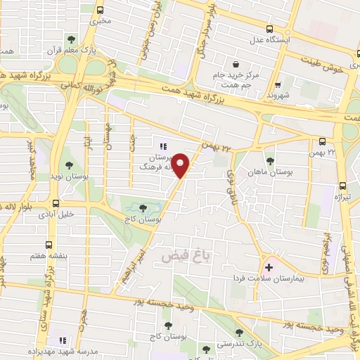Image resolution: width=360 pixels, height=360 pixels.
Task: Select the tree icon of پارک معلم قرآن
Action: point(72,39)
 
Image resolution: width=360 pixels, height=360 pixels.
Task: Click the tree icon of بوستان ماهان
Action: point(271,162)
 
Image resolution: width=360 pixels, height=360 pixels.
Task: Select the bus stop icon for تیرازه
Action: point(342,186)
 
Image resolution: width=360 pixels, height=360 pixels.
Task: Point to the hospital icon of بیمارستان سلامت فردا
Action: point(269,267)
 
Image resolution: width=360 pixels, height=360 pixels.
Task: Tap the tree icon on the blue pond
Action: point(143,208)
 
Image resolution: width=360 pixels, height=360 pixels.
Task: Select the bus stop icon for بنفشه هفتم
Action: point(48,245)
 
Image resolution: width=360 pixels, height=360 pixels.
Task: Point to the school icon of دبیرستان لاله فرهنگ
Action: point(162,146)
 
